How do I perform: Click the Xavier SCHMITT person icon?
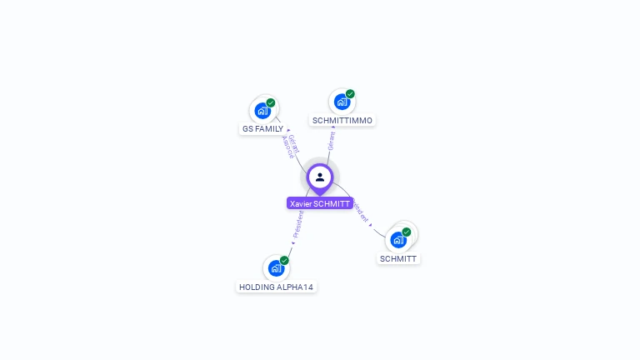320,177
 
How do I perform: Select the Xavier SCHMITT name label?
320,203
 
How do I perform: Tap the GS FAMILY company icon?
262,110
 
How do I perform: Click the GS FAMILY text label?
262,129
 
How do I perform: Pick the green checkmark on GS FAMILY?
271,102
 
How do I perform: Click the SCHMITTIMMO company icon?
342,102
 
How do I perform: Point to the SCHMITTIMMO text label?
342,121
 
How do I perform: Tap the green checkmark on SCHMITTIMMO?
350,94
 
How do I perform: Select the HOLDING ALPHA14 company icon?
276,268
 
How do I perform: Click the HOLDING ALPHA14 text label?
277,287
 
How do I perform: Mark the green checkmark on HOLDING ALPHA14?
284,261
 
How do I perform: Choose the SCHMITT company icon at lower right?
398,240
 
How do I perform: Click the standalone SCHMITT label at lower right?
398,259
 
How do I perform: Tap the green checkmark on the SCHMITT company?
407,232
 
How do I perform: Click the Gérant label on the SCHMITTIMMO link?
332,140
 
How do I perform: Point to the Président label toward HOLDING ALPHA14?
297,224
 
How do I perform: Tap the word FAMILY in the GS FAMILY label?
269,129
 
